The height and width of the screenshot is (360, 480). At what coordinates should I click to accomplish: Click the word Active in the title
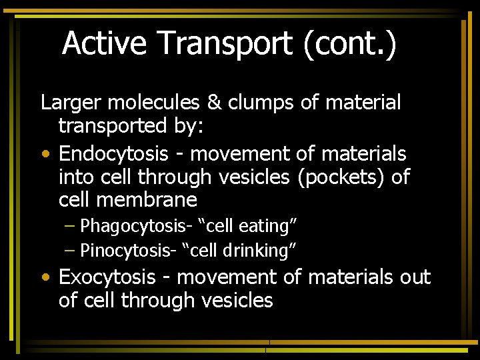(104, 43)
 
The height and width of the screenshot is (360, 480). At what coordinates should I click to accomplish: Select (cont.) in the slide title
(350, 43)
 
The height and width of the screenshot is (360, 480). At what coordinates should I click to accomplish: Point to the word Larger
(71, 103)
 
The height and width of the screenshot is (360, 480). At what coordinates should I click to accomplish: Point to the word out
(415, 277)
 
